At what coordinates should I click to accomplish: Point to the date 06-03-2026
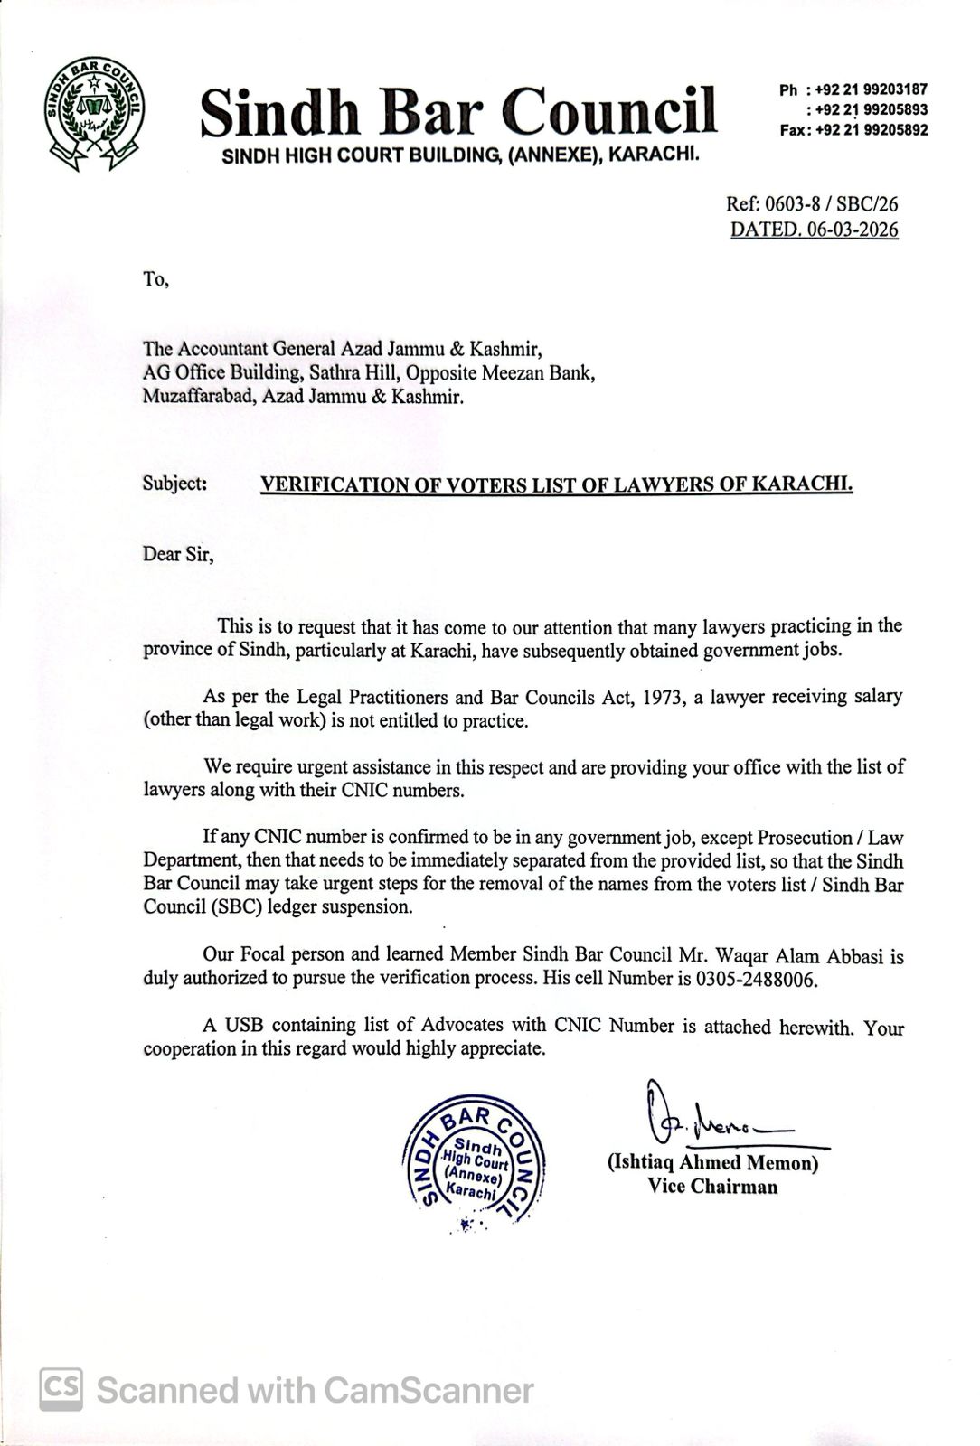coord(853,230)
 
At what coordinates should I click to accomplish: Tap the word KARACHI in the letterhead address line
coord(655,155)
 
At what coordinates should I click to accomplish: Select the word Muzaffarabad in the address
coord(200,396)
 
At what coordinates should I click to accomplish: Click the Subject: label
coord(174,484)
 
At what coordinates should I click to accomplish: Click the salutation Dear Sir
coord(177,554)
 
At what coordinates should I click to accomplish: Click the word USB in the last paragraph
coord(244,1025)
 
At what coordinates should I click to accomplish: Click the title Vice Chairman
coord(712,1187)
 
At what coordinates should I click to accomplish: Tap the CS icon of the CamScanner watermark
coord(61,1389)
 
